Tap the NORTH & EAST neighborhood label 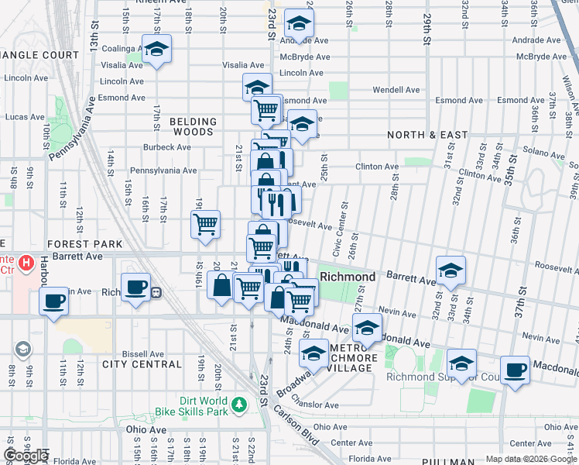point(428,135)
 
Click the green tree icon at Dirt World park point(240,404)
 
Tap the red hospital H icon point(27,263)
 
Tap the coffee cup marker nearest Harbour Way point(53,301)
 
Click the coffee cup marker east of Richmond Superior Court point(516,370)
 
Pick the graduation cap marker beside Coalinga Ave point(157,50)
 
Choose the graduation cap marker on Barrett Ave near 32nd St point(451,270)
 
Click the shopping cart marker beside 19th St point(206,225)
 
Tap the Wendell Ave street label point(396,90)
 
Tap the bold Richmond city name point(348,277)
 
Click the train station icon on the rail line point(156,292)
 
